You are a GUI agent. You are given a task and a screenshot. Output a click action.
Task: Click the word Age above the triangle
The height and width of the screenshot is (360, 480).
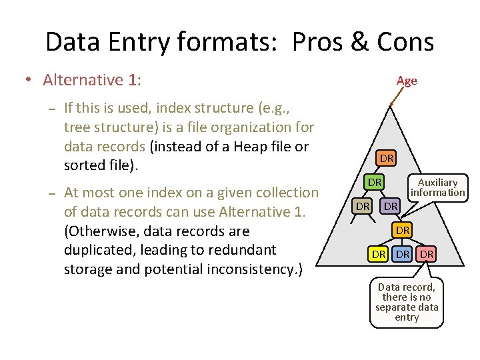[x=406, y=81]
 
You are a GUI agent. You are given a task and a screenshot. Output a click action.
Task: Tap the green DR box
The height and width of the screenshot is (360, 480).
[x=375, y=182]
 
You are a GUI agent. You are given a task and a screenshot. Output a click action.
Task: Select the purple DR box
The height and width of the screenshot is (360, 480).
[x=391, y=207]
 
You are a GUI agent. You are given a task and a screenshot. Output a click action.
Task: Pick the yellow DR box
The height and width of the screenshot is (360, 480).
[x=379, y=254]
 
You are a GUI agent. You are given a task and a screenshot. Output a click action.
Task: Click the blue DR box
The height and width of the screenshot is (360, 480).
[x=403, y=254]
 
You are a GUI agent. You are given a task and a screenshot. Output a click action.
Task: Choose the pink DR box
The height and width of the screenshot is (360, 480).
[x=427, y=254]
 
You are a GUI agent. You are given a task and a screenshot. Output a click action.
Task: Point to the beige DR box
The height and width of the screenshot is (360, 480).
[x=363, y=207]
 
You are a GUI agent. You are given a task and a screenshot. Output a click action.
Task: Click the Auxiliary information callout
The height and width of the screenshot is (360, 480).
[x=437, y=187]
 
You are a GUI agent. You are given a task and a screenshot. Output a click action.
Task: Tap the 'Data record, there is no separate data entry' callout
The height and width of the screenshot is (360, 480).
[x=407, y=302]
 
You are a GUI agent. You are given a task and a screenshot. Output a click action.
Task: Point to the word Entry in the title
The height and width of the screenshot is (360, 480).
[x=141, y=42]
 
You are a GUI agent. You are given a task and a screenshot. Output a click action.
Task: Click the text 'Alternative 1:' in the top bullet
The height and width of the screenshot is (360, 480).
[x=92, y=80]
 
